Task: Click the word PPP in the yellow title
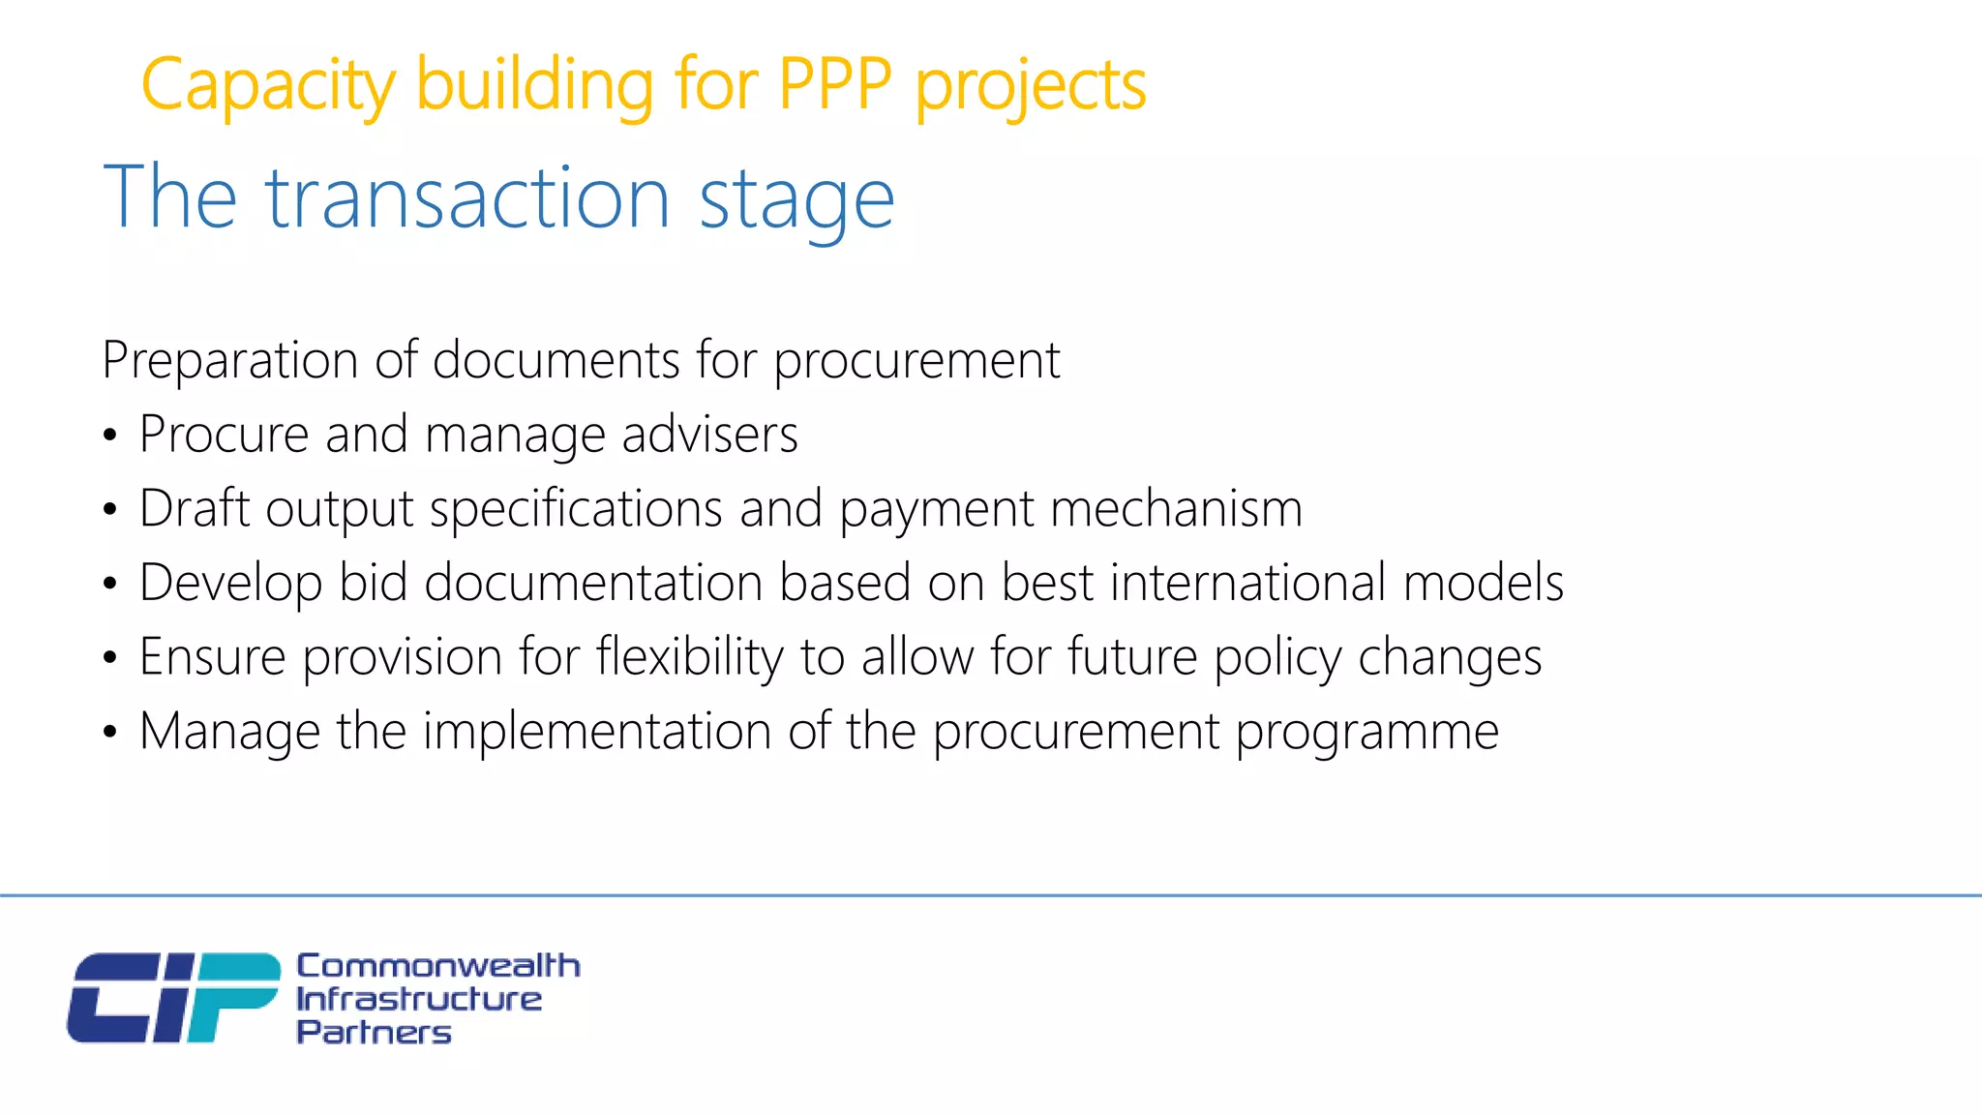click(834, 85)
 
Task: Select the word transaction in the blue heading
click(467, 198)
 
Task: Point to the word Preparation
click(230, 361)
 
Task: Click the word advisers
click(709, 435)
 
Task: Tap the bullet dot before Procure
click(110, 436)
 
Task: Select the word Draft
click(195, 508)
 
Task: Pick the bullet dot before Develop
click(110, 584)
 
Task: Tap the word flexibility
click(689, 657)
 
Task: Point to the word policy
click(1277, 658)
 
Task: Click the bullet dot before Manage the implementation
click(110, 733)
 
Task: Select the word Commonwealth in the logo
click(437, 965)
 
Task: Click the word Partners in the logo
click(374, 1032)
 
